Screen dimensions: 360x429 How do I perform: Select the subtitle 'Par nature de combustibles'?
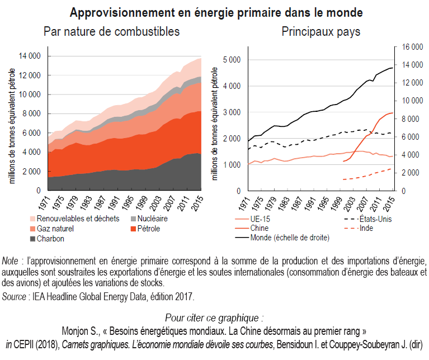[111, 31]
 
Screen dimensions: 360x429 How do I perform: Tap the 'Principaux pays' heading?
[320, 31]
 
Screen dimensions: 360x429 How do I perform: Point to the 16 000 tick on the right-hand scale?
[407, 48]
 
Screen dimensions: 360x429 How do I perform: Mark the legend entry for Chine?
[260, 228]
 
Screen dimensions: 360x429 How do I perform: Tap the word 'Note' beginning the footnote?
[10, 262]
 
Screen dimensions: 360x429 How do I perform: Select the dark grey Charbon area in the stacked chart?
[112, 179]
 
